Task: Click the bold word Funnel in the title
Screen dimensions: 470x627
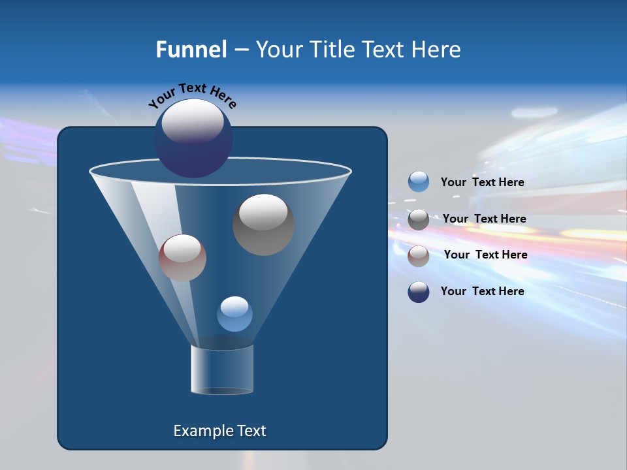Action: point(191,49)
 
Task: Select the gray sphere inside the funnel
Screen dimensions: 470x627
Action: point(263,225)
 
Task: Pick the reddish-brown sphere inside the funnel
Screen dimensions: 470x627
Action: point(182,258)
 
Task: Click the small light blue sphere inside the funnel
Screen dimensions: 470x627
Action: point(234,314)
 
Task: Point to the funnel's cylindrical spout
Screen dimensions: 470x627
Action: point(222,369)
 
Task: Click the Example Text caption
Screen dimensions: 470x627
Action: point(219,431)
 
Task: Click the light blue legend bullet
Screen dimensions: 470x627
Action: point(419,182)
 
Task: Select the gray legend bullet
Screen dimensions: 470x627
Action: point(419,219)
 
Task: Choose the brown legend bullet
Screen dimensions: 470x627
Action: point(419,255)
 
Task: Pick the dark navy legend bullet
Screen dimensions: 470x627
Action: point(419,292)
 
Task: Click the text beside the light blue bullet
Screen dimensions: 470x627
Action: point(482,182)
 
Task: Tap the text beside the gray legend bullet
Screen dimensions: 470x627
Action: point(484,219)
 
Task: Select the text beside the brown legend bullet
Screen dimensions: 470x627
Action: point(485,255)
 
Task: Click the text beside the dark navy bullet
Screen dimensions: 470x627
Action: point(482,291)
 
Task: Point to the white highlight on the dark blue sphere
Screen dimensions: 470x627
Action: point(193,121)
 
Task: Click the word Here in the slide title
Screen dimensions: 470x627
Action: point(436,49)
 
